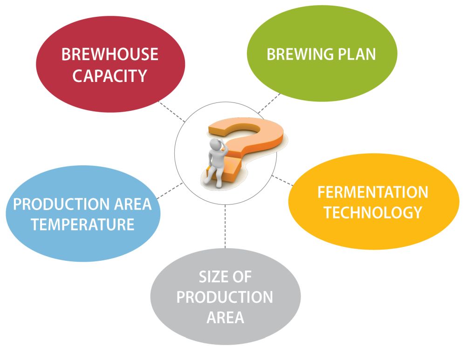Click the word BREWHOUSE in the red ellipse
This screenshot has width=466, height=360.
[x=110, y=54]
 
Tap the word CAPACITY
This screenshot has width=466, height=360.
[x=110, y=75]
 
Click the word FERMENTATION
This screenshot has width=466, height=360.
[x=373, y=192]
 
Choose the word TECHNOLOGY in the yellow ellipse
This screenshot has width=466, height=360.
[x=373, y=212]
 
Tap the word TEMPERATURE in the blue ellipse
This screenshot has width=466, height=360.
[x=83, y=225]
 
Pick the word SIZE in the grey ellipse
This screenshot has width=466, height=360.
[x=212, y=277]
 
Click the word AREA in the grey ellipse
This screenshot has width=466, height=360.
[x=225, y=318]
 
